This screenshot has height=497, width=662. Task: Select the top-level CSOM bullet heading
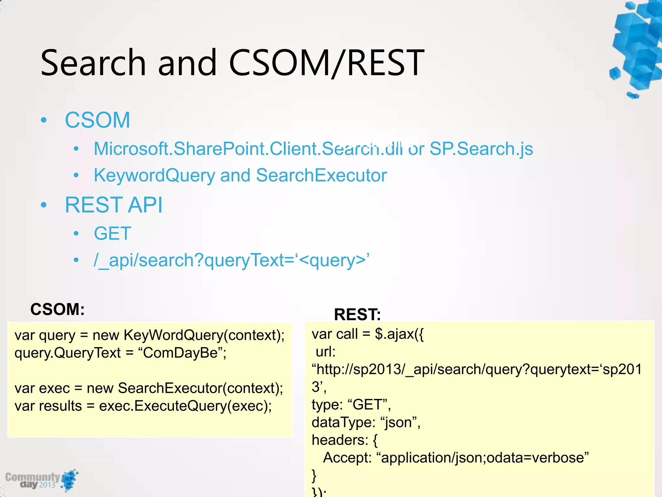click(x=97, y=120)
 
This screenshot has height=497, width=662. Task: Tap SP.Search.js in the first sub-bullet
click(x=481, y=149)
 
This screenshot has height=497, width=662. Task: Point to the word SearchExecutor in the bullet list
click(x=321, y=175)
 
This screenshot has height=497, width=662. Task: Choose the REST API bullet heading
click(x=114, y=205)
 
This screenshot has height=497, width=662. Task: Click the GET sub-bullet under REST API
click(x=112, y=233)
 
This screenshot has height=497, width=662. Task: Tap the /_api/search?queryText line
click(x=231, y=260)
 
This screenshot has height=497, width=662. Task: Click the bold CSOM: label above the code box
click(x=58, y=309)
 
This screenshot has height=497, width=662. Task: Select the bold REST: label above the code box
click(x=357, y=314)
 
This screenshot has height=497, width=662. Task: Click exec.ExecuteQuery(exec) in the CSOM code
click(x=185, y=406)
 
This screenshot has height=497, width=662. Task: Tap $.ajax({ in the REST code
click(x=399, y=334)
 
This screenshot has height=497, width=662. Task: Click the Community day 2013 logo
click(x=41, y=480)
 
